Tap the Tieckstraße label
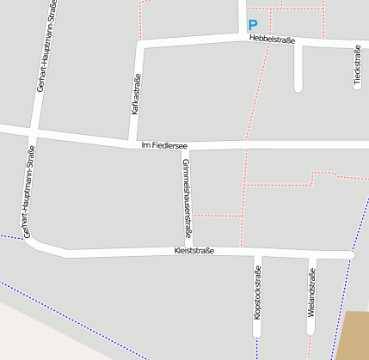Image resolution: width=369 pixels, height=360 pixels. (357, 66)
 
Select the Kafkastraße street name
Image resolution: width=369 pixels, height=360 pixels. (135, 95)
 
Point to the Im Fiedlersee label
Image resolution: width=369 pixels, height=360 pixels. (164, 146)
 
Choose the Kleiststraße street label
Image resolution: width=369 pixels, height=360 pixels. (194, 251)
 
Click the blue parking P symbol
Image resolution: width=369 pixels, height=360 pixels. (252, 26)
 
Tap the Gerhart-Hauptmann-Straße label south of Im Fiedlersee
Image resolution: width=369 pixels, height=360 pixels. (28, 192)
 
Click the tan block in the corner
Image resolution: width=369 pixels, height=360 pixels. (356, 335)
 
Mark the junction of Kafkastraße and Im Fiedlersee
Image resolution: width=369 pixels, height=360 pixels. (132, 140)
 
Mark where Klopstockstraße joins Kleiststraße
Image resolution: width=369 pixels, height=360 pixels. (257, 253)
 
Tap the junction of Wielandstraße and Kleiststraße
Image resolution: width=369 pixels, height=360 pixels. (311, 254)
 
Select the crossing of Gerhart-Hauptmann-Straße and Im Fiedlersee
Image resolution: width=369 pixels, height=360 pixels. (33, 132)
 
